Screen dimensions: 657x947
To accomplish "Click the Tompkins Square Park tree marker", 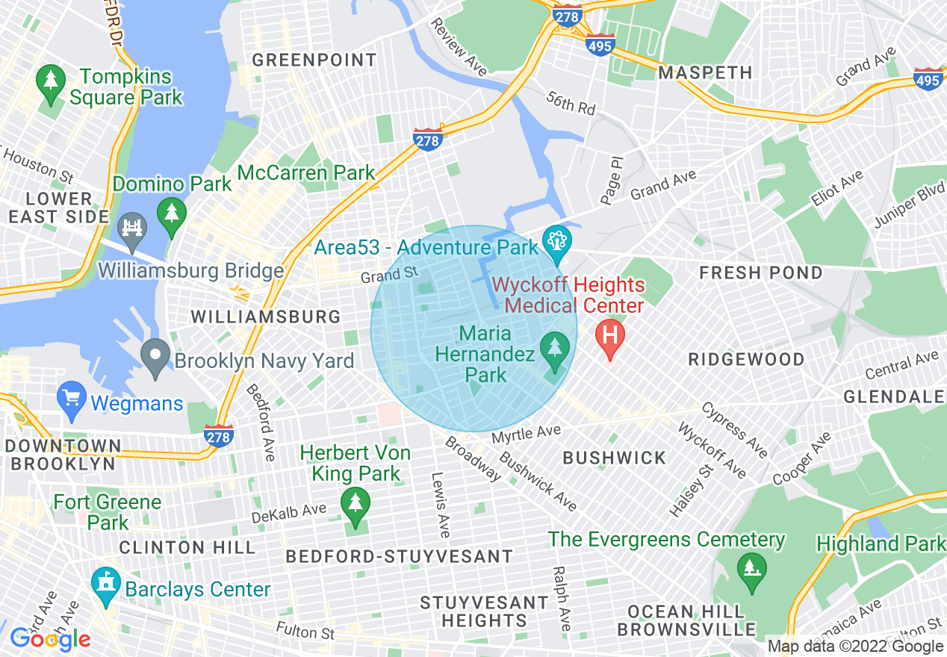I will pos(51,81).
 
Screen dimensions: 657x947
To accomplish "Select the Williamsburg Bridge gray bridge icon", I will pos(131,226).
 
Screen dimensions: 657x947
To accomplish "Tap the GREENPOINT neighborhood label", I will pos(314,60).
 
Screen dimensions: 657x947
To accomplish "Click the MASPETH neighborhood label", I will pos(705,72).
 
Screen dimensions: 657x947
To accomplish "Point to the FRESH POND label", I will pos(760,273).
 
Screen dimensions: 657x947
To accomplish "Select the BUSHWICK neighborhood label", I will pos(614,458).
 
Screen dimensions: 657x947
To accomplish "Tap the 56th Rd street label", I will pos(571,102).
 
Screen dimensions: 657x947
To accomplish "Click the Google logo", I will pos(50,639).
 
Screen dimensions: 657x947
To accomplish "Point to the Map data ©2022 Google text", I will pos(855,647).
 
